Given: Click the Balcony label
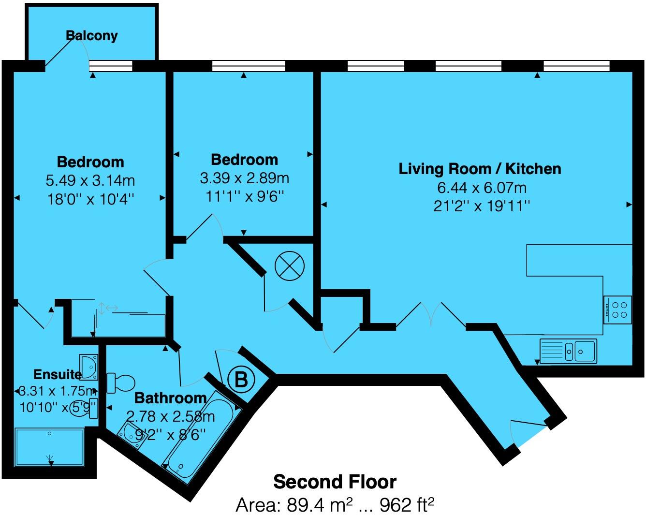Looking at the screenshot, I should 91,36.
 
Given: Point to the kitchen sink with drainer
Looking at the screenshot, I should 568,350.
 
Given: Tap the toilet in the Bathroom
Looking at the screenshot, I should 121,383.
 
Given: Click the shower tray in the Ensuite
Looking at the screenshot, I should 49,447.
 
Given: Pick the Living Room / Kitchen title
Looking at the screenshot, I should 480,169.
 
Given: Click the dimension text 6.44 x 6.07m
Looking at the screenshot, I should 480,187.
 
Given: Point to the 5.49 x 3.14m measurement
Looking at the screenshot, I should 90,180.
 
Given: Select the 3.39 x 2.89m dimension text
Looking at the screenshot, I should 244,178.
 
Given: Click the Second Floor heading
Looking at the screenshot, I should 335,482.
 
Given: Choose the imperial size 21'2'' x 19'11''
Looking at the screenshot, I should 482,206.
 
